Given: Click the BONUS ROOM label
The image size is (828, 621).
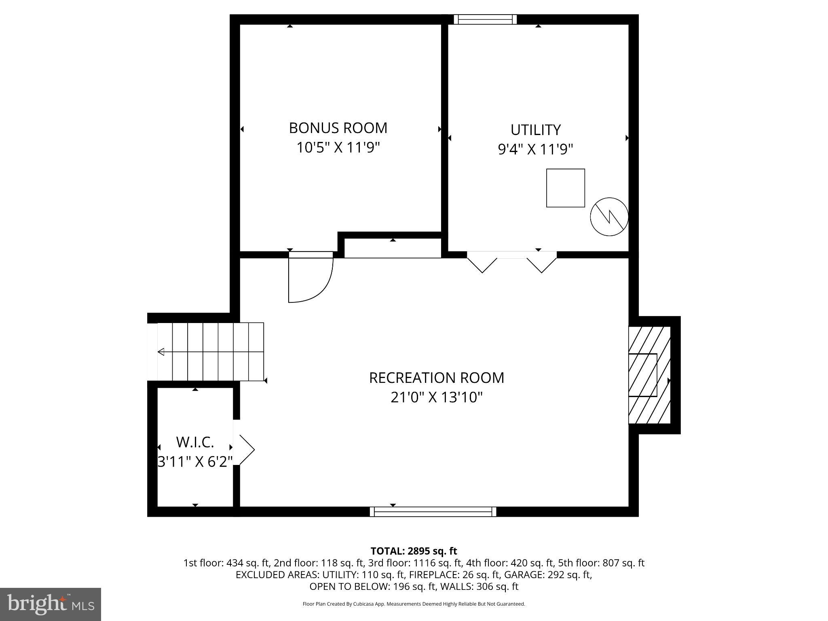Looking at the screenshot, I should (x=338, y=128).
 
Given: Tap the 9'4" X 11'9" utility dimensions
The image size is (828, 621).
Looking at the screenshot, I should (x=535, y=150).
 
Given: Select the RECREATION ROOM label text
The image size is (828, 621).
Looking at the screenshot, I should (x=437, y=378).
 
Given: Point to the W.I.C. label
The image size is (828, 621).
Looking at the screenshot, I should (x=195, y=442).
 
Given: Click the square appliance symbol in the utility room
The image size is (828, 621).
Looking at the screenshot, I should (x=565, y=188).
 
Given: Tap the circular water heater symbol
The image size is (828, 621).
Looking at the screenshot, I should (x=609, y=217).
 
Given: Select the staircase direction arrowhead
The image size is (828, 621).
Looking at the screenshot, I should (x=161, y=352).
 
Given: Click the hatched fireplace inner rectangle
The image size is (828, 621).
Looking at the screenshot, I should (x=642, y=375).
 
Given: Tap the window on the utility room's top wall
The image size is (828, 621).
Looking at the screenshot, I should (x=485, y=19).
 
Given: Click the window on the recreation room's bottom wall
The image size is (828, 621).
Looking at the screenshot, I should (x=433, y=511).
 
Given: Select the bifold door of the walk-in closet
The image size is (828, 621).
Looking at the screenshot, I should (x=246, y=449).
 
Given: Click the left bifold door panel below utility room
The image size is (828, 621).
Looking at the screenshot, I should (x=482, y=263).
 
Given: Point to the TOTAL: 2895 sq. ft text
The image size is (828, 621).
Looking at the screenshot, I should (x=414, y=551).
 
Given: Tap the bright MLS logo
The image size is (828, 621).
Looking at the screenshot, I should (x=51, y=604).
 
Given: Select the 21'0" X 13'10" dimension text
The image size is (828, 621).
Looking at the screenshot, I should (x=437, y=397).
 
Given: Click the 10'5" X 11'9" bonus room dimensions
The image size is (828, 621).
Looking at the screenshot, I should (x=338, y=148).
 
